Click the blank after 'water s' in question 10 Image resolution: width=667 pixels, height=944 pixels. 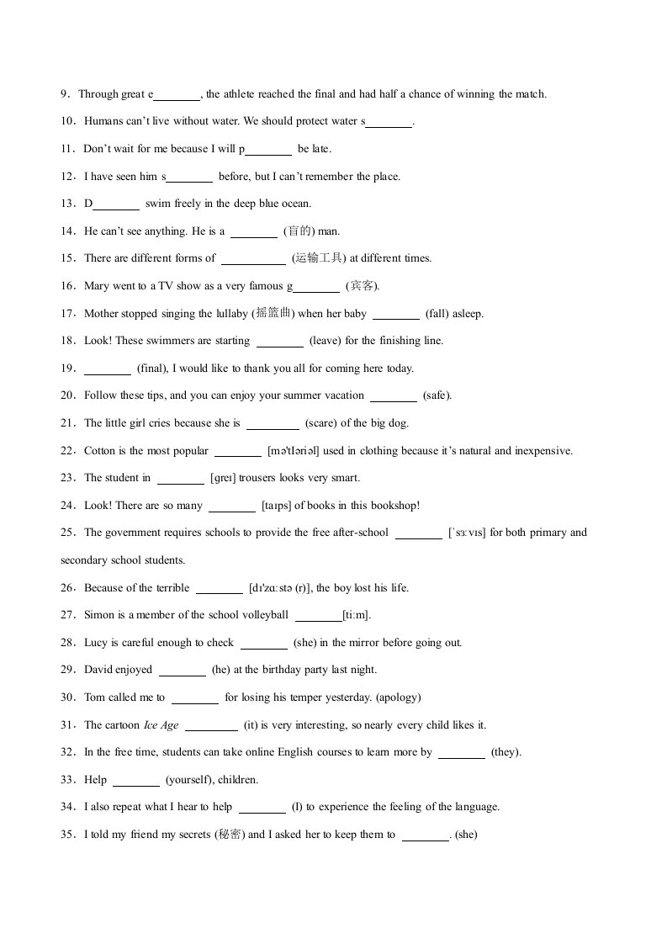click(389, 122)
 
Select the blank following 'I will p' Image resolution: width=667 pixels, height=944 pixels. click(268, 150)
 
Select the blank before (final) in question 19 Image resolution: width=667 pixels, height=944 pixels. click(108, 369)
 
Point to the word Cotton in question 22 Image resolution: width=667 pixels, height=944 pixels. click(99, 451)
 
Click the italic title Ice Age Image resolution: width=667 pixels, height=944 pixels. click(161, 725)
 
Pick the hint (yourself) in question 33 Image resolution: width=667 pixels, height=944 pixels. click(188, 780)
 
